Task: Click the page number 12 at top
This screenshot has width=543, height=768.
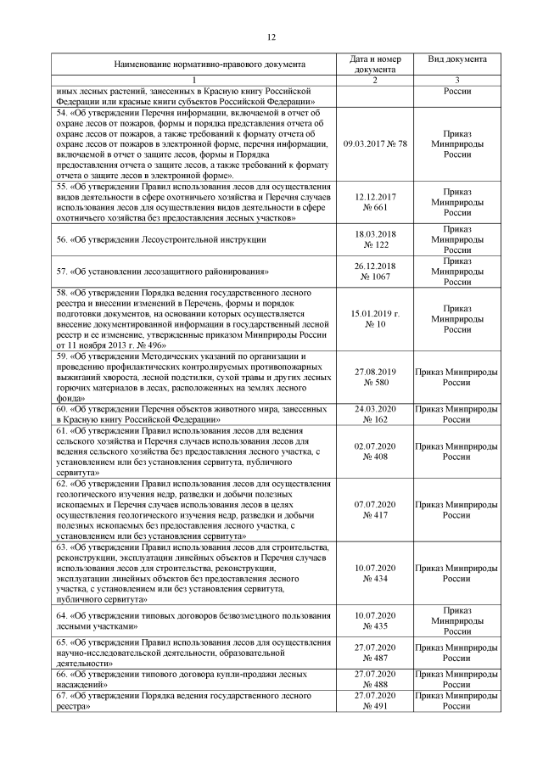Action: pos(271,37)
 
